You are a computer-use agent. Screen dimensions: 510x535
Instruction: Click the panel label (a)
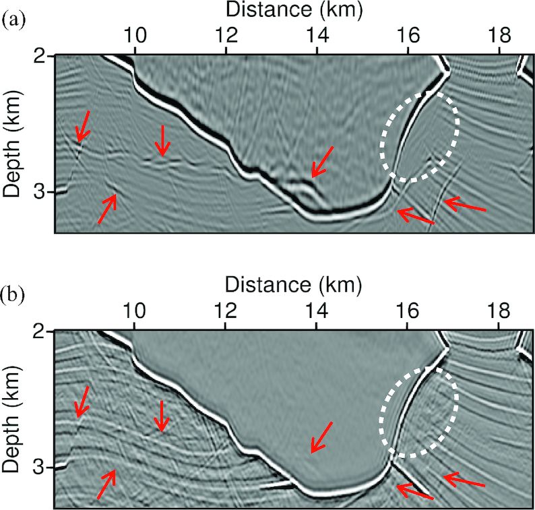[14, 20]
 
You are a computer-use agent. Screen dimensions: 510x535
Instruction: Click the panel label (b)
[14, 294]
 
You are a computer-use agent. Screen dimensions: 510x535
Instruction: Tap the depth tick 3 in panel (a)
[40, 192]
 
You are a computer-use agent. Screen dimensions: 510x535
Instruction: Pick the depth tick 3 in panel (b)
[40, 467]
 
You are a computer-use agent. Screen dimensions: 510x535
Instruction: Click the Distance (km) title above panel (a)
[294, 10]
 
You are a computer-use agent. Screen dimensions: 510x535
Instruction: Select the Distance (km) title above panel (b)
[294, 285]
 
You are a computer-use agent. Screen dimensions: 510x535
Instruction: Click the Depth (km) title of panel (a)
[13, 146]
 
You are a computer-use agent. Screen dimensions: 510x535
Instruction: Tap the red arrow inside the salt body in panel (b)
[321, 437]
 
